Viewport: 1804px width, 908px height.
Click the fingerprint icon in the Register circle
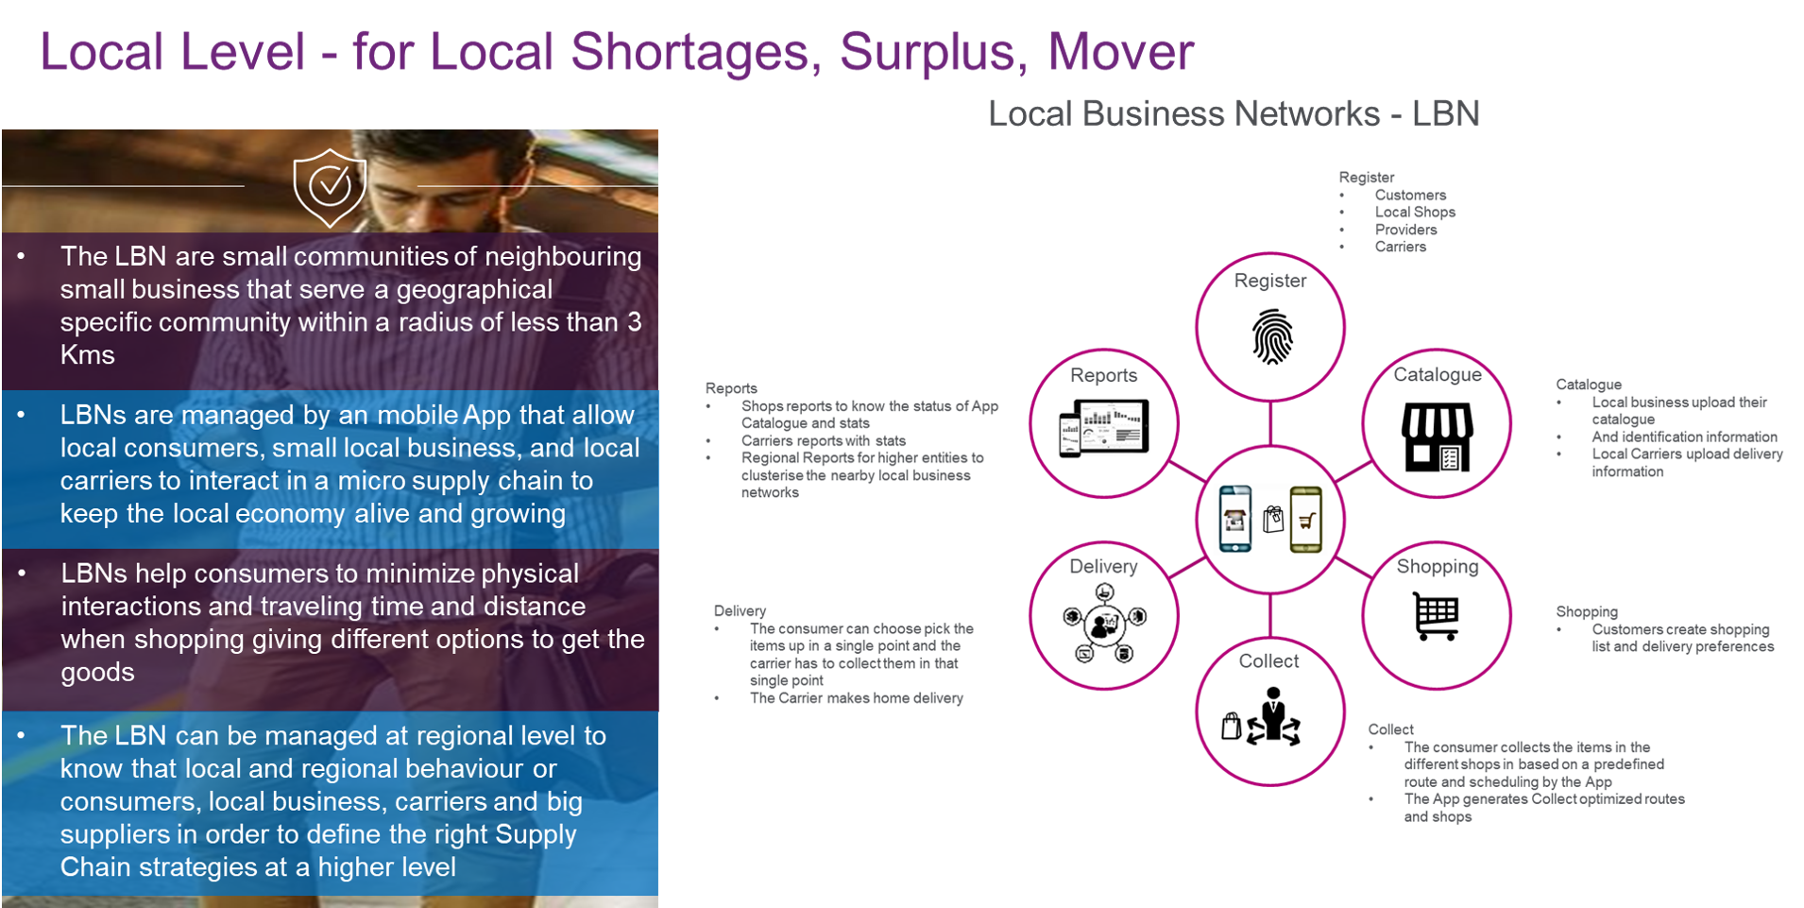1271,336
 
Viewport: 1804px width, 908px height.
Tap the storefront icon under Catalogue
1437,437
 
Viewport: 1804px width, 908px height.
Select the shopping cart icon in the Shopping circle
1436,616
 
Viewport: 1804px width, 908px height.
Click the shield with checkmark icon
330,187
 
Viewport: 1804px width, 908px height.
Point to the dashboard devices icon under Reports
1103,428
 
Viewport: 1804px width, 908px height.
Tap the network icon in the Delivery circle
1103,623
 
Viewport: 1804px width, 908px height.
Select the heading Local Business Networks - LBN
1233,114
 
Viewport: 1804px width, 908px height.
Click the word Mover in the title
1120,52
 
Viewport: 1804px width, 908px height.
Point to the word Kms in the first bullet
88,355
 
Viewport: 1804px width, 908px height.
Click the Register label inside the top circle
1270,281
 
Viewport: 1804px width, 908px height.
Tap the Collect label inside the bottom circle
1268,661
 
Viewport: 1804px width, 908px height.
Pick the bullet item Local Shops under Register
1414,213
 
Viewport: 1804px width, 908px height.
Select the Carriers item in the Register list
1400,248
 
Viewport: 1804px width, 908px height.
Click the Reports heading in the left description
731,388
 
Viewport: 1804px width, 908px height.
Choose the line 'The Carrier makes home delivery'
856,698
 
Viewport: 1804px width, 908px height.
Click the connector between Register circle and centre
1270,422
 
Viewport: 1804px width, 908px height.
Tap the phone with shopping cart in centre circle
1305,519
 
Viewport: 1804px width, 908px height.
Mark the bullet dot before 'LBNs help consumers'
22,574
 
